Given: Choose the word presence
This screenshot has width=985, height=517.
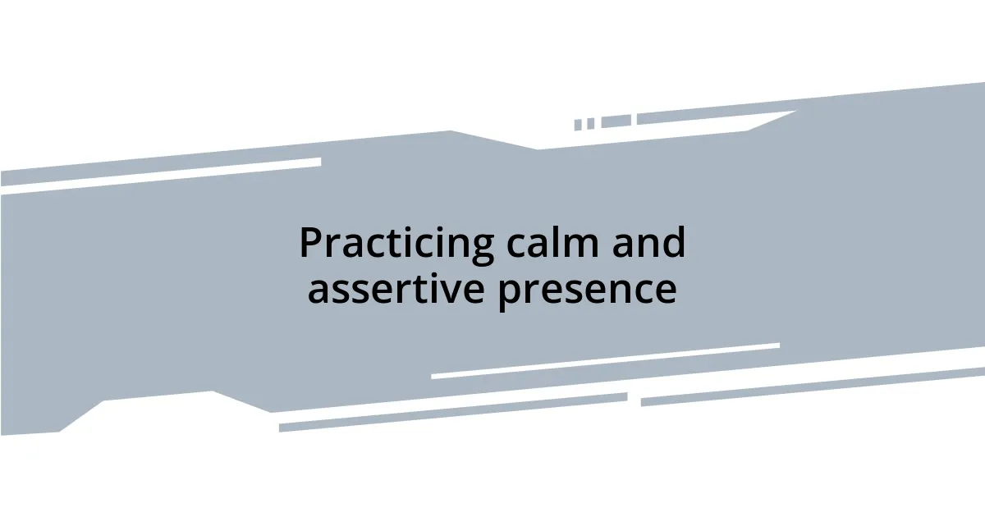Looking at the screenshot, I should tap(587, 289).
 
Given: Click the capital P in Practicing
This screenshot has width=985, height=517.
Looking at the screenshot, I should tap(309, 244).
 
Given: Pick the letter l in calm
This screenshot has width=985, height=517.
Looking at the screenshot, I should tap(558, 242).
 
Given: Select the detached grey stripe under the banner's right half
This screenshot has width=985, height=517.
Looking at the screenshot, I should tap(813, 386).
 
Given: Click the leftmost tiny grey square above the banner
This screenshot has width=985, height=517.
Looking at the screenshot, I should tap(578, 125).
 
